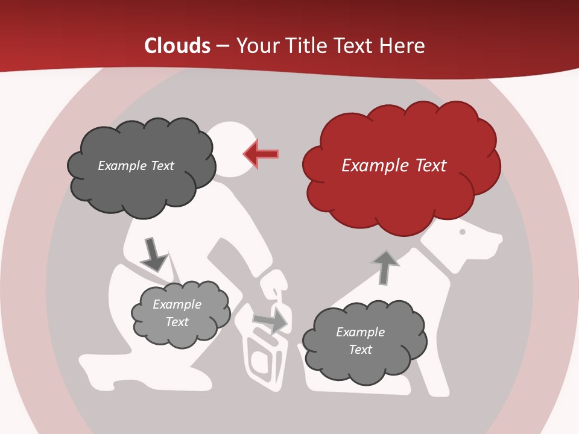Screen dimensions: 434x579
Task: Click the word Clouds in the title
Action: [x=177, y=46]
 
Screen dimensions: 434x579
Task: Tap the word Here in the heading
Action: [x=403, y=46]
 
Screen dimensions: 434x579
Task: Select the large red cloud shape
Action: [x=400, y=175]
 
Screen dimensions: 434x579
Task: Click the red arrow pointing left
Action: [x=261, y=154]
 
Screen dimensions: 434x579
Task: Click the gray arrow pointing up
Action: [x=385, y=268]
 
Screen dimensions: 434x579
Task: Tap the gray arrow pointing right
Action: [x=270, y=322]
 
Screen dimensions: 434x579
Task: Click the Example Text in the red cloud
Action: [x=394, y=166]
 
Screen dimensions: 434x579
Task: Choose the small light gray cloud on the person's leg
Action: [x=180, y=314]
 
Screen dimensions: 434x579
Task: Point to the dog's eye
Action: [x=463, y=231]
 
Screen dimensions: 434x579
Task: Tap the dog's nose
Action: [x=499, y=240]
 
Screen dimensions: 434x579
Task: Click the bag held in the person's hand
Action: [x=263, y=356]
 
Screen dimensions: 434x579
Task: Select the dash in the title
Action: [x=222, y=46]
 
